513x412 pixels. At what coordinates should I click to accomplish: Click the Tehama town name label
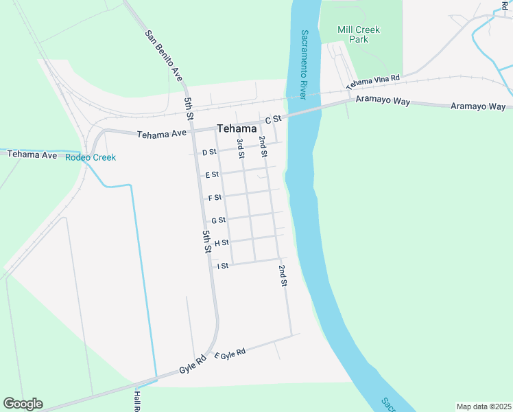tap(237, 128)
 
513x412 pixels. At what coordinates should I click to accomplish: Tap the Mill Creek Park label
tap(359, 34)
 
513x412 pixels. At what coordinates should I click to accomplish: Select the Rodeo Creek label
tap(91, 157)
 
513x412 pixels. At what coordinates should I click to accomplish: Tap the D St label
tap(209, 152)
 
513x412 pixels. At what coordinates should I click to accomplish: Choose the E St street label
tap(212, 175)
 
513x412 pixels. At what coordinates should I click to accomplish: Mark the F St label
tap(215, 198)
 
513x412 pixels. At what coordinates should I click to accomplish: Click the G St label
tap(218, 220)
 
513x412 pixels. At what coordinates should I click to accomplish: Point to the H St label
tap(221, 243)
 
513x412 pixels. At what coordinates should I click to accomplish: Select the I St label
tap(222, 266)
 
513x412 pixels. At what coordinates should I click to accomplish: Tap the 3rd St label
tap(241, 148)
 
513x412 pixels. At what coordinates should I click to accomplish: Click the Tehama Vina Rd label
tap(372, 83)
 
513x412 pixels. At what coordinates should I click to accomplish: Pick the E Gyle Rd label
tap(230, 354)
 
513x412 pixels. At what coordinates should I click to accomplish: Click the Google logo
tap(23, 404)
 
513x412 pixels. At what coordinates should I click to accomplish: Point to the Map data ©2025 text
tap(483, 407)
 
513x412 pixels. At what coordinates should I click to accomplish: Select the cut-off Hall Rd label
tap(137, 402)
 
